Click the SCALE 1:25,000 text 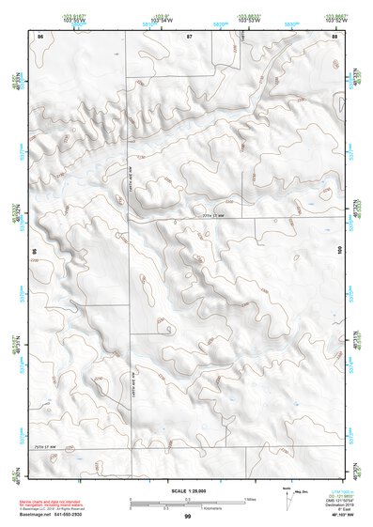186,488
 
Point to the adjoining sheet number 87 189,35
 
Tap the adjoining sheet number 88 334,35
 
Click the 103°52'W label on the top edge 334,19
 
